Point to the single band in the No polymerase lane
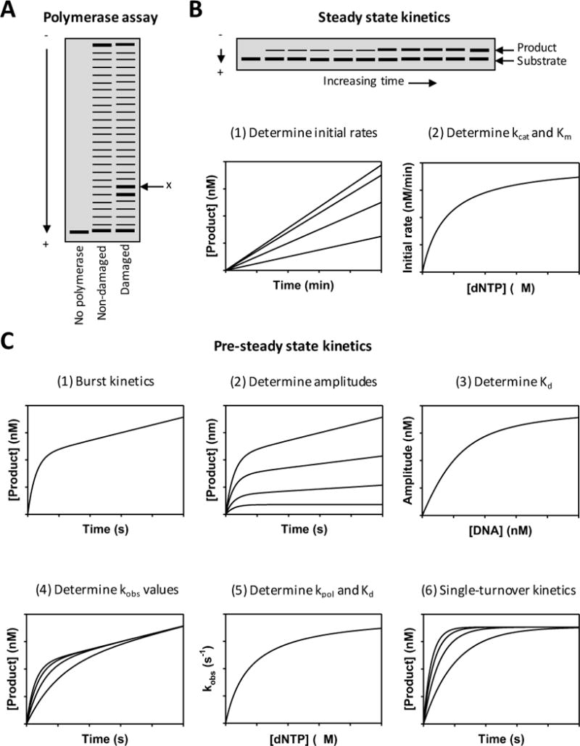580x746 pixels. tap(79, 232)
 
